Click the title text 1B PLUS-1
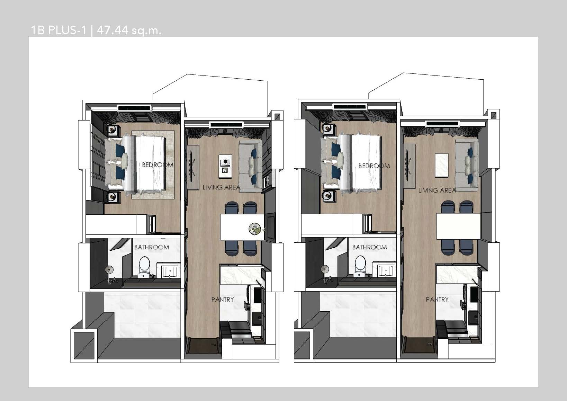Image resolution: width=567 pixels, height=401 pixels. pyautogui.click(x=59, y=30)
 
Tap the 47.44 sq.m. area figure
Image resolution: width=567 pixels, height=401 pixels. pyautogui.click(x=129, y=30)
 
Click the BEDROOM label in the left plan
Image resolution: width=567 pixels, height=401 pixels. pyautogui.click(x=157, y=165)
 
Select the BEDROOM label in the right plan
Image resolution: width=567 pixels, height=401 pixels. pyautogui.click(x=374, y=166)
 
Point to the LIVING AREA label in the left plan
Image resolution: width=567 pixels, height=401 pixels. pyautogui.click(x=222, y=187)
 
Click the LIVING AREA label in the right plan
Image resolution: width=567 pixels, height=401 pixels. pyautogui.click(x=437, y=190)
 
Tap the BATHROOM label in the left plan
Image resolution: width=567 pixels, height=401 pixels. pyautogui.click(x=152, y=247)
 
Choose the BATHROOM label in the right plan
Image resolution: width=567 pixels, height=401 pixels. pyautogui.click(x=370, y=247)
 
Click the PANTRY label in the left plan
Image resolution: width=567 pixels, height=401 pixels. pyautogui.click(x=223, y=299)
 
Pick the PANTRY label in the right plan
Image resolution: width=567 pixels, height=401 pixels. pyautogui.click(x=437, y=299)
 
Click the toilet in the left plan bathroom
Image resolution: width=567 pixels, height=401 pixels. pyautogui.click(x=144, y=266)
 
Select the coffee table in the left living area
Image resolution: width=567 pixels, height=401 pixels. pyautogui.click(x=225, y=166)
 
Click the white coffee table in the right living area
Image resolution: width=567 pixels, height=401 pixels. pyautogui.click(x=441, y=165)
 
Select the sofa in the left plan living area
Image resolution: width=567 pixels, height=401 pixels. pyautogui.click(x=251, y=164)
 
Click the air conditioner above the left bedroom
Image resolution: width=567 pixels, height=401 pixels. pyautogui.click(x=135, y=108)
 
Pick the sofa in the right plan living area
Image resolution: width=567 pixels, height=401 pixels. pyautogui.click(x=467, y=164)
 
